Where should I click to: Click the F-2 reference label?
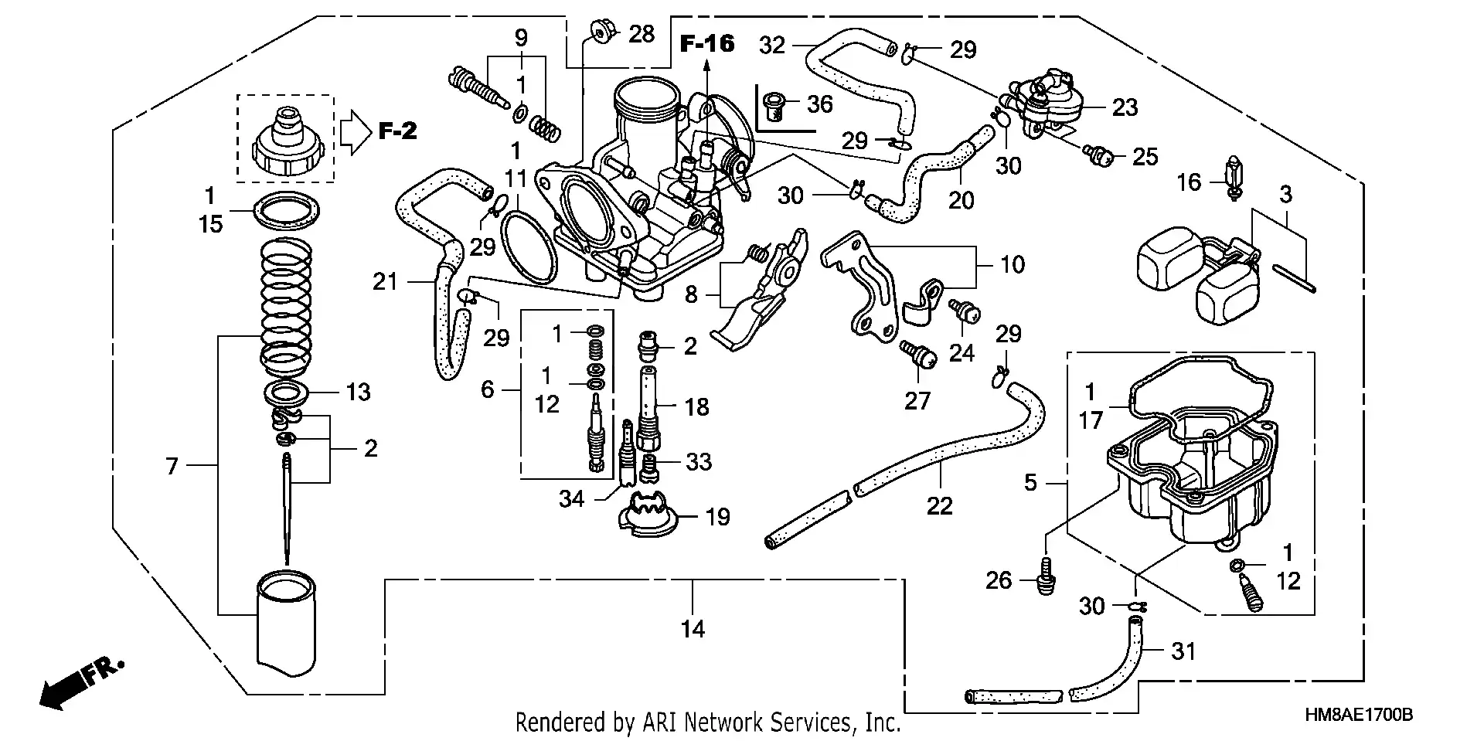pos(397,131)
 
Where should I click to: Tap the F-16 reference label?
pos(706,43)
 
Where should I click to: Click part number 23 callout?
pos(1125,107)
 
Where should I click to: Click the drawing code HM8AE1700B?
pos(1358,716)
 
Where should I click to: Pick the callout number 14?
pos(693,629)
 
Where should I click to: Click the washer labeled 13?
pos(289,392)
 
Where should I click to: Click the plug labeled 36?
pos(773,104)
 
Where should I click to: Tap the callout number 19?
pos(718,516)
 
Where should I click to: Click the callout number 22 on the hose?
pos(939,506)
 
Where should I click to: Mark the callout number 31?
pos(1183,651)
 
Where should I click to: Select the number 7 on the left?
pos(172,466)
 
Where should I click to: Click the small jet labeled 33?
pos(651,467)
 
